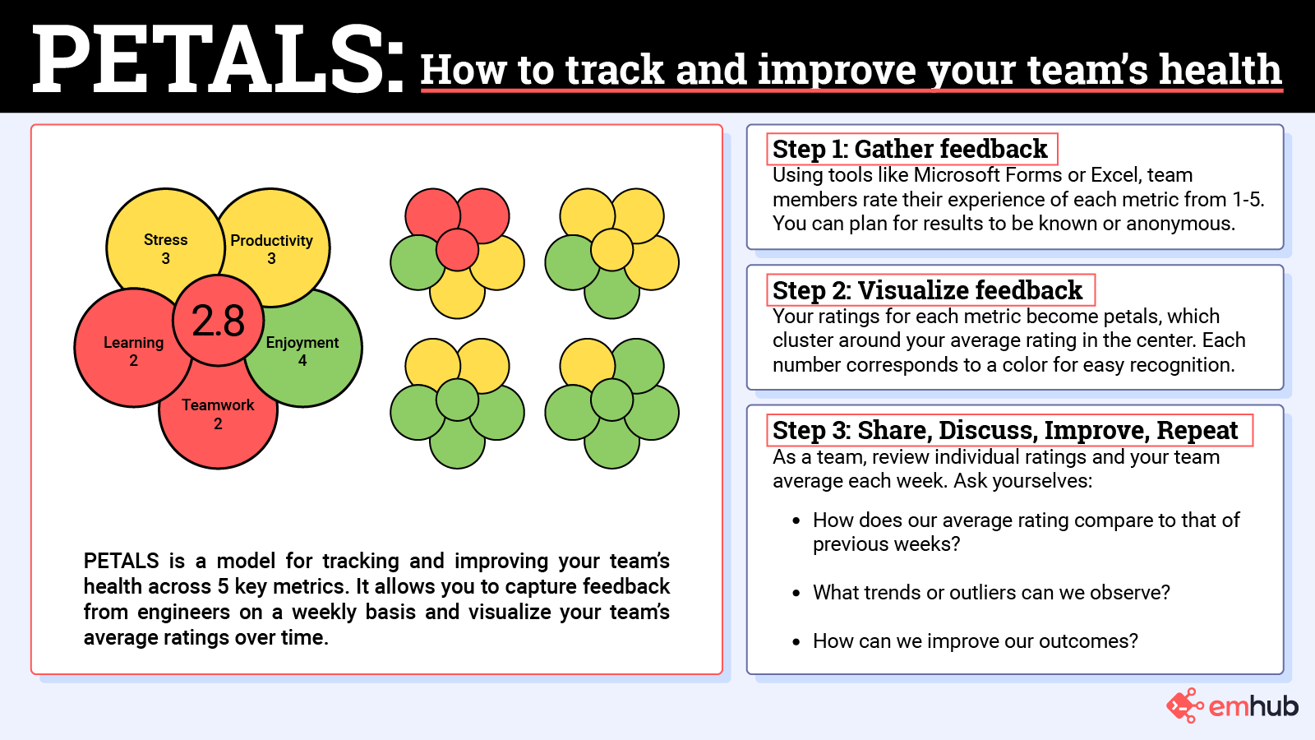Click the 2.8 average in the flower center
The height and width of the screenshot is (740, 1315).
[218, 321]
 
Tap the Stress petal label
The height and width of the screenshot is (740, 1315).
[165, 240]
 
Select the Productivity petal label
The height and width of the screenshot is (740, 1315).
[271, 241]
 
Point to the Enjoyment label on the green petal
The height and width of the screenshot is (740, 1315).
[302, 343]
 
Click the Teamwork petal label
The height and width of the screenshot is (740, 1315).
[218, 405]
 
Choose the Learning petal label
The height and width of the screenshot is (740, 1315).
[133, 343]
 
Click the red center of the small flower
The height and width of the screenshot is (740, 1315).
[457, 250]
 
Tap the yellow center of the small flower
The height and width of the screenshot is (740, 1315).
[611, 250]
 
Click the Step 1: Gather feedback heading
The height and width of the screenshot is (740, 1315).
[910, 150]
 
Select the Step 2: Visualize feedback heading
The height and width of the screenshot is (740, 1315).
[927, 290]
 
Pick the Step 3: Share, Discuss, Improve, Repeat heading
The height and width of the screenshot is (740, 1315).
[1005, 430]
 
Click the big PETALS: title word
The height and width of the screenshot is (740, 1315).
[218, 59]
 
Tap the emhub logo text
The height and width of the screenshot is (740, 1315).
[1253, 705]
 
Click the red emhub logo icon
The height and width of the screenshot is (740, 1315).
[1184, 705]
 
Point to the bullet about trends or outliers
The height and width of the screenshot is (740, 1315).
[990, 593]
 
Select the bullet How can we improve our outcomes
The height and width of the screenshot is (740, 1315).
[975, 641]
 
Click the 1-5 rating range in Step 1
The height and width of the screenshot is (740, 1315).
[1247, 200]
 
